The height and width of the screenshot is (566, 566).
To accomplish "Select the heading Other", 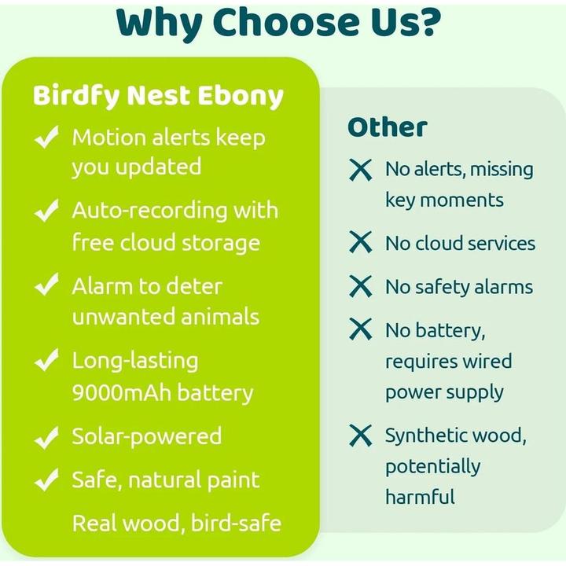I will click(388, 127).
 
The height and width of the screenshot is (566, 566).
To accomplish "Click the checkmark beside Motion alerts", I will click(47, 139).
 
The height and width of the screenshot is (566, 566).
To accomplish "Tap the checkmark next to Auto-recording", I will click(47, 211).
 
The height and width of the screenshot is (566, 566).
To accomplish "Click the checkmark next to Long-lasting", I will click(47, 362).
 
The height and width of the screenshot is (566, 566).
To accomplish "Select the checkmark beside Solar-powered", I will click(47, 436).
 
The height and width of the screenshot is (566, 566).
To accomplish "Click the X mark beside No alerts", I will click(360, 170).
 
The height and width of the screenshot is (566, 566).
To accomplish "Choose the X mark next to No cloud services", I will click(360, 244).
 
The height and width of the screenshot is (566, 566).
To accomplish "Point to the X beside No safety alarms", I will click(360, 288).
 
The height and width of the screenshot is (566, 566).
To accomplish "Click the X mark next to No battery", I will click(360, 330).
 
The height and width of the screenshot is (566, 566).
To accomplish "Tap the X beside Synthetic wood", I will click(360, 436).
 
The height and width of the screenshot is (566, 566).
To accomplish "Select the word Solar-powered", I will click(147, 436).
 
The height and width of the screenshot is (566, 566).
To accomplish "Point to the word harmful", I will click(420, 497).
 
